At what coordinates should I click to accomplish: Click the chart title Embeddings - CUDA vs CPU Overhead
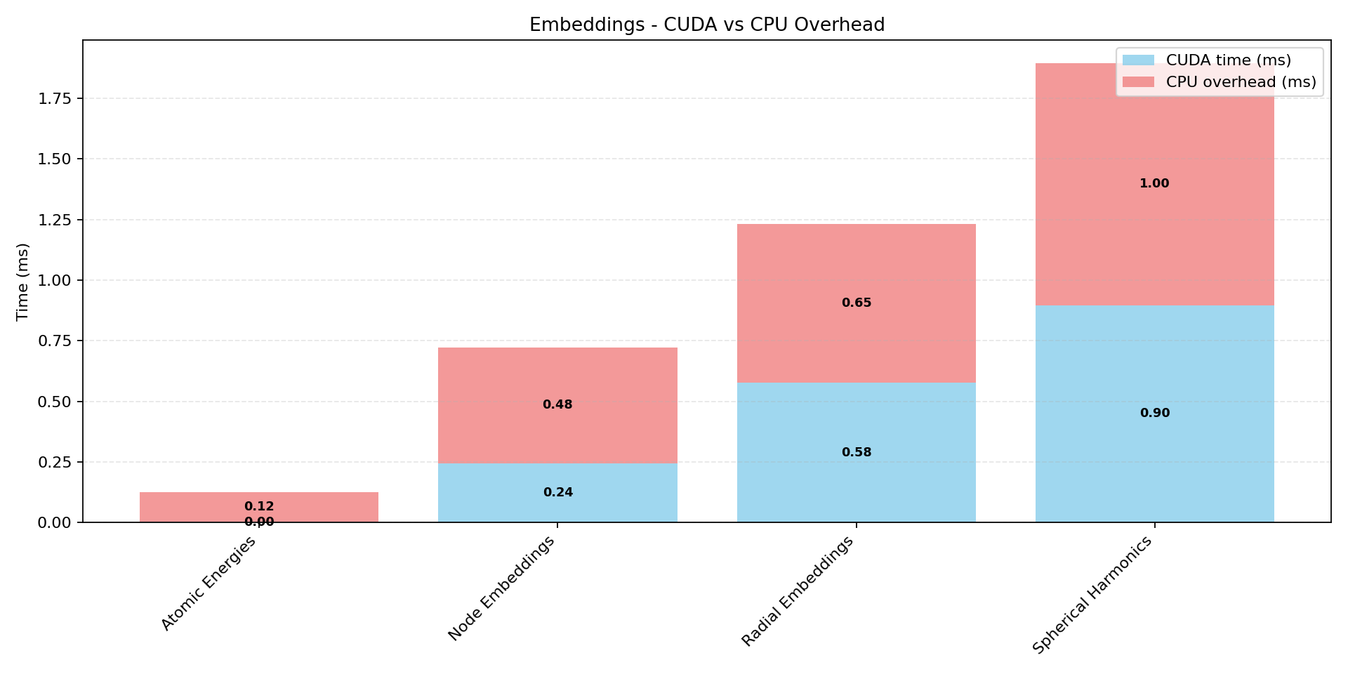pyautogui.click(x=706, y=25)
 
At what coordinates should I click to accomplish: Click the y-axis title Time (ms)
pyautogui.click(x=22, y=282)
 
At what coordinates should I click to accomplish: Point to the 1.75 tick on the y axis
pyautogui.click(x=54, y=98)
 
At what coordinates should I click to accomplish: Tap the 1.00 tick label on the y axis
pyautogui.click(x=54, y=280)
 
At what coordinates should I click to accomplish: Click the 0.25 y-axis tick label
pyautogui.click(x=54, y=462)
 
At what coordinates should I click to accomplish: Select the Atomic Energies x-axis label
pyautogui.click(x=209, y=583)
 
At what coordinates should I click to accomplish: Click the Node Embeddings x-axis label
pyautogui.click(x=501, y=588)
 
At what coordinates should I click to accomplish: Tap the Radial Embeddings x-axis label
pyautogui.click(x=798, y=591)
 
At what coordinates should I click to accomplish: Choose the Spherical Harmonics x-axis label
pyautogui.click(x=1092, y=595)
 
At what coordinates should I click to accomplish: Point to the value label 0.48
pyautogui.click(x=557, y=404)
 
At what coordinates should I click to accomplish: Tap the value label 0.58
pyautogui.click(x=857, y=452)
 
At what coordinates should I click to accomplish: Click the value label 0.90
pyautogui.click(x=1154, y=413)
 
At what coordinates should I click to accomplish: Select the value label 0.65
pyautogui.click(x=857, y=303)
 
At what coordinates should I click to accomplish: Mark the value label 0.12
pyautogui.click(x=259, y=506)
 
